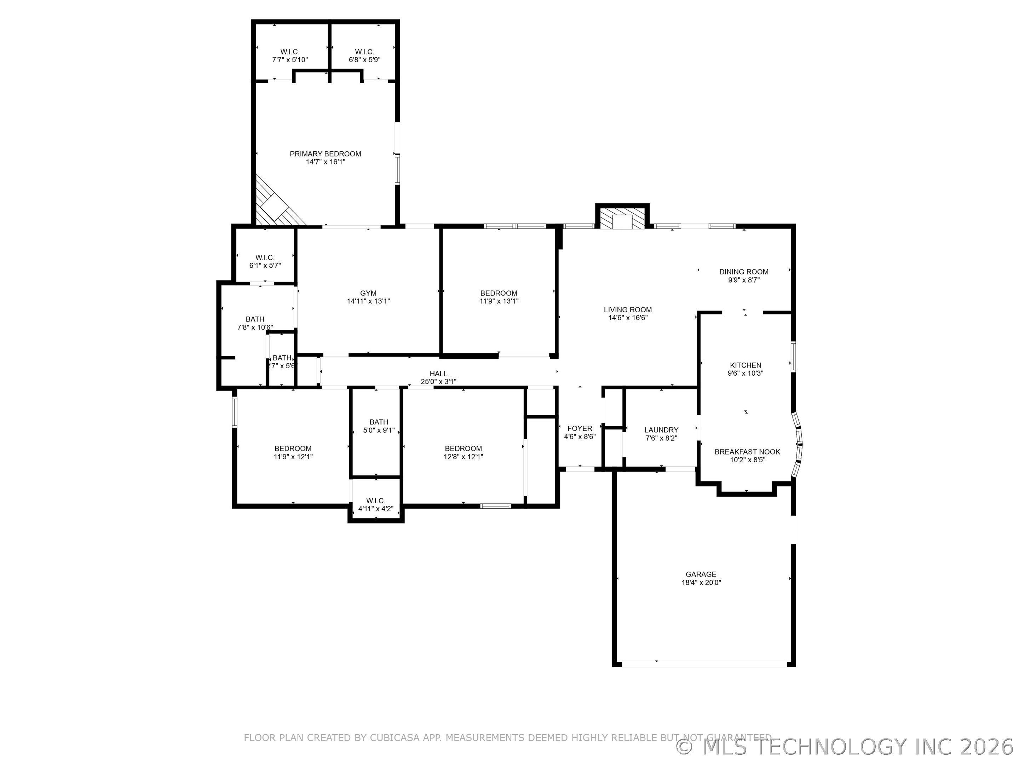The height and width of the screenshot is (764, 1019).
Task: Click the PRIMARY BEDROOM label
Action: coord(325,154)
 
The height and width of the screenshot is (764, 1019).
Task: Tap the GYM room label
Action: coord(368,293)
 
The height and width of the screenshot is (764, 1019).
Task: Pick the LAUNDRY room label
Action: coord(661,430)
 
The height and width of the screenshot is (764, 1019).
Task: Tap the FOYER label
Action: coord(580,428)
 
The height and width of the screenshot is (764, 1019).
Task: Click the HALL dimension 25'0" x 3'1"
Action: coord(438,382)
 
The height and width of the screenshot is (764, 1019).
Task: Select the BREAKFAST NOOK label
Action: coord(747,452)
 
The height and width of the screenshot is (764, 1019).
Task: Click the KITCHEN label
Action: coord(745,365)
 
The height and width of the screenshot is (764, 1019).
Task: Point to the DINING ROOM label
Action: coord(743,272)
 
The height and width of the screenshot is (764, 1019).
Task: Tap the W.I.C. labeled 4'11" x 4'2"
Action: coord(375,505)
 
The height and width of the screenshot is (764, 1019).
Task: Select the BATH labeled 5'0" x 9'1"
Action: coord(379,426)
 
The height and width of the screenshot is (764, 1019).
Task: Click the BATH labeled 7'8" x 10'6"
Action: coord(255,323)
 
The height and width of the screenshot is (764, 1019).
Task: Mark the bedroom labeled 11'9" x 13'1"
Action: coord(499,297)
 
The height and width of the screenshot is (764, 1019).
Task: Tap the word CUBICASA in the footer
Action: coord(395,738)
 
